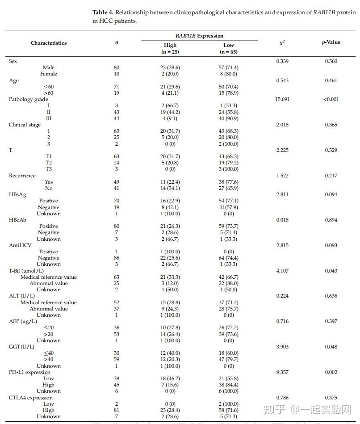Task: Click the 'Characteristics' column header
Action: click(x=49, y=43)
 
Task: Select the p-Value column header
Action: click(x=331, y=42)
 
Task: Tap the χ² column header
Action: click(x=282, y=42)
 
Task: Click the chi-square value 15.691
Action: click(x=282, y=99)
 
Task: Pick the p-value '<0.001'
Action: click(x=331, y=99)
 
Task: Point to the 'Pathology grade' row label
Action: click(x=28, y=99)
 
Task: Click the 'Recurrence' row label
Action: click(x=22, y=176)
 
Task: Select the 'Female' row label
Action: click(x=49, y=74)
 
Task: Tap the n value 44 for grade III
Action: click(x=117, y=118)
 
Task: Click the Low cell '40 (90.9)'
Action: click(x=229, y=118)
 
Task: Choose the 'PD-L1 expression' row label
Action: click(x=29, y=372)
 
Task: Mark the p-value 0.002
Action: click(x=331, y=372)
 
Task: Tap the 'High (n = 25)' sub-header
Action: click(x=170, y=48)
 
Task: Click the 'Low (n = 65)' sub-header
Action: click(x=229, y=48)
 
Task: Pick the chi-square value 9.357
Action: click(x=282, y=372)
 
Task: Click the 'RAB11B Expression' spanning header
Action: click(x=199, y=36)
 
